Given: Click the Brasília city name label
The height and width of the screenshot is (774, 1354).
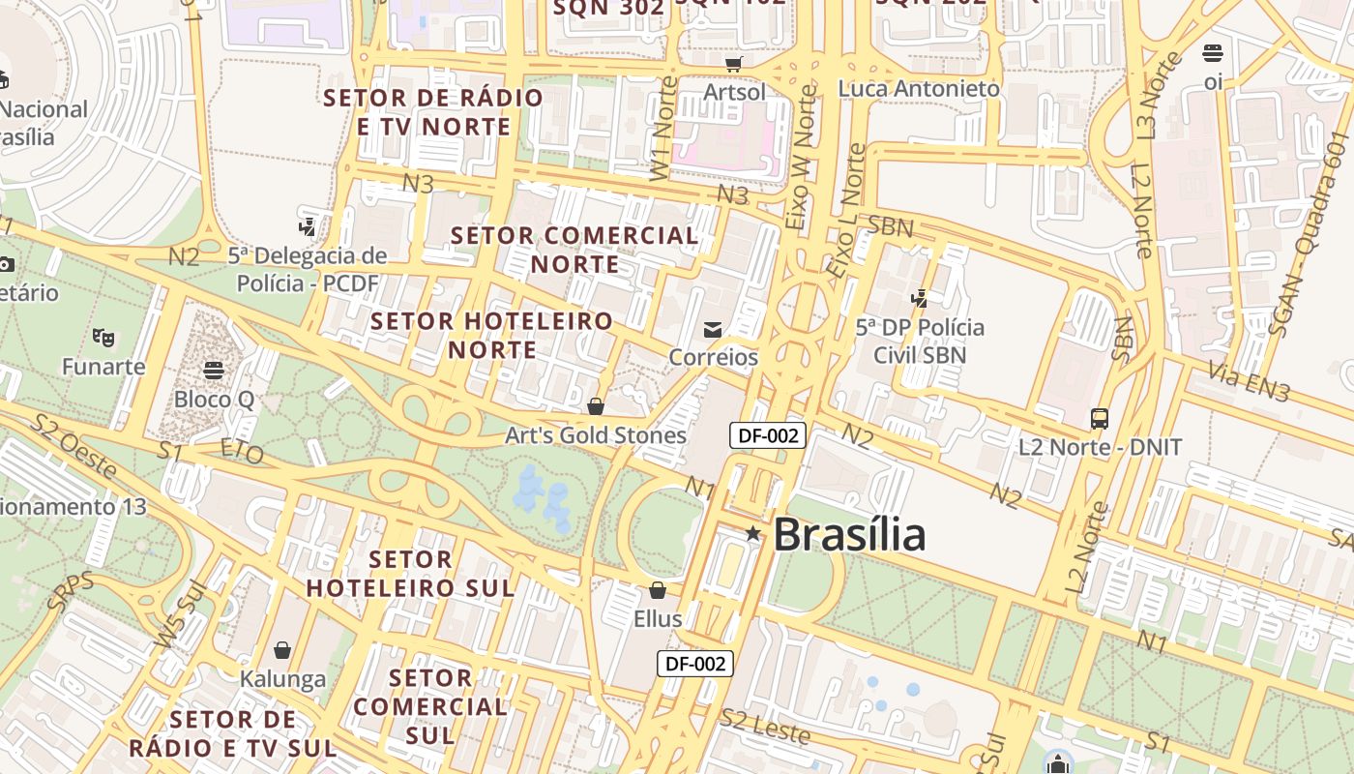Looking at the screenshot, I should (849, 534).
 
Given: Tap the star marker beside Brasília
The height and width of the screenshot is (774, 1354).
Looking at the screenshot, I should (753, 533).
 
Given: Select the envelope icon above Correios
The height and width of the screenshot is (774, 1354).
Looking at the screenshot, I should (713, 330).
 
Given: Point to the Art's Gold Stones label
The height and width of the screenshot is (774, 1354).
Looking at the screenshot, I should (596, 435).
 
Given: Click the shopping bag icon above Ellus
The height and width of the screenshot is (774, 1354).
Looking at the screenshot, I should (658, 590).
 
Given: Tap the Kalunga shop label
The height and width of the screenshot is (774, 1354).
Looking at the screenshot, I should (282, 678).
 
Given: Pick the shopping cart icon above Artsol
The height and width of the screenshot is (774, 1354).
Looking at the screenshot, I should (734, 64).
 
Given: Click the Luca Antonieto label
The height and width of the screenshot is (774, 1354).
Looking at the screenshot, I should (919, 89).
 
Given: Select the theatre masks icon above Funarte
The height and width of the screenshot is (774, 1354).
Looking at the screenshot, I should (103, 338).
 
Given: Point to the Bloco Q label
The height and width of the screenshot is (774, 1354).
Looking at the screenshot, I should (214, 399).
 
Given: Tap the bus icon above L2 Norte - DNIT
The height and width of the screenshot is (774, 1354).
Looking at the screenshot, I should (1100, 419).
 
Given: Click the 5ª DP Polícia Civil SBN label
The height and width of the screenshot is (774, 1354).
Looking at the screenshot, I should (920, 341).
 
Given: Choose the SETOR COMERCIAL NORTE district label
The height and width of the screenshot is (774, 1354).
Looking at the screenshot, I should (574, 250).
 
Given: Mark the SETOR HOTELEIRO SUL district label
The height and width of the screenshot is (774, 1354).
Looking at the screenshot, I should (410, 574).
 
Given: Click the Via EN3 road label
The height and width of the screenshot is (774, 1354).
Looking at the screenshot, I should (1250, 381).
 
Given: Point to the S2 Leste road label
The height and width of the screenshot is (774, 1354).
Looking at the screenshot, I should (765, 727).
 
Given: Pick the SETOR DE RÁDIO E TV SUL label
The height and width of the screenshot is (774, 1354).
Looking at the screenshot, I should (232, 733).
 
